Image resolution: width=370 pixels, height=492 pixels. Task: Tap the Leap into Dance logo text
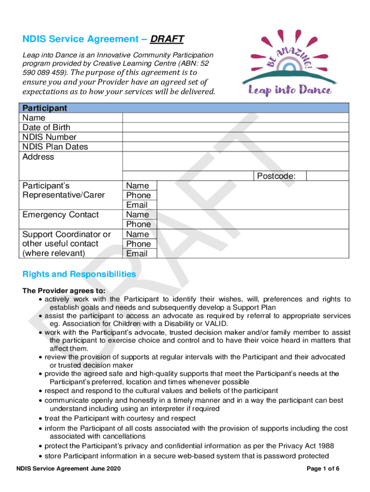click(289, 89)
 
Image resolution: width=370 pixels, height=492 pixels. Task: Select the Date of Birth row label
click(46, 127)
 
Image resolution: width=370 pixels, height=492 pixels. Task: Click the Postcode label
click(276, 176)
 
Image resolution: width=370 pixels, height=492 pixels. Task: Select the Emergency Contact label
click(61, 215)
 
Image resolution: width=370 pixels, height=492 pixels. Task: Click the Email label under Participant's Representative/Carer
click(136, 205)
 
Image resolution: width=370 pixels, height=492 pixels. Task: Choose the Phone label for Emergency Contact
click(138, 224)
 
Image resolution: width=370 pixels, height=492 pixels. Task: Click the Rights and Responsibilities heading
click(79, 274)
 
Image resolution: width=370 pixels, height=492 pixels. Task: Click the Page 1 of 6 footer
click(323, 469)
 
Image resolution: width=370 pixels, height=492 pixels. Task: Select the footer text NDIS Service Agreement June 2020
click(68, 469)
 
